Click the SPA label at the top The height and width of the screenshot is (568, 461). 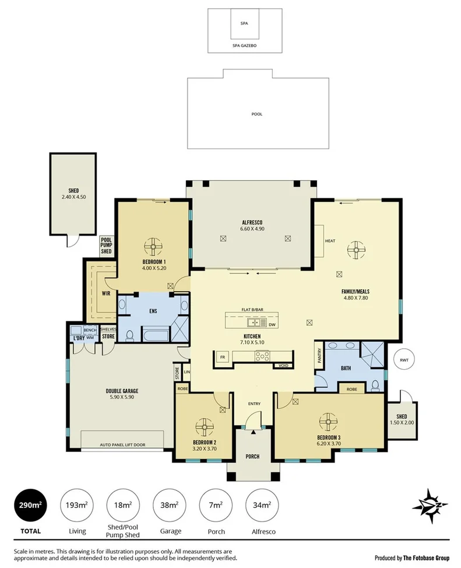point(245,24)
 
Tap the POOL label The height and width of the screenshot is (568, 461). point(256,114)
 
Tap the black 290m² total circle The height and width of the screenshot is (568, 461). point(30,506)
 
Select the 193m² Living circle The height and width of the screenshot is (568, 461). point(77,506)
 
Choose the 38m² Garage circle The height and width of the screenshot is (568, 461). point(170,506)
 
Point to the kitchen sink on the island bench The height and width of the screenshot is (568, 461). point(254,322)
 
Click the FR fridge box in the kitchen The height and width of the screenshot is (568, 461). point(222,357)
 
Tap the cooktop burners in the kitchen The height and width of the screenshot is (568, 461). point(262,356)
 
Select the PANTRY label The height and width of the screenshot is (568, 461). point(319,356)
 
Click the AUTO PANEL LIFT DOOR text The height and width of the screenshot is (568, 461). point(122,445)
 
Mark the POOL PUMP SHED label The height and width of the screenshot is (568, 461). point(106,245)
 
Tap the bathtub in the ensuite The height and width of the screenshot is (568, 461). point(154,335)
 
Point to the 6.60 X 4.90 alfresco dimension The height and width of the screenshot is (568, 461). point(253,229)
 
